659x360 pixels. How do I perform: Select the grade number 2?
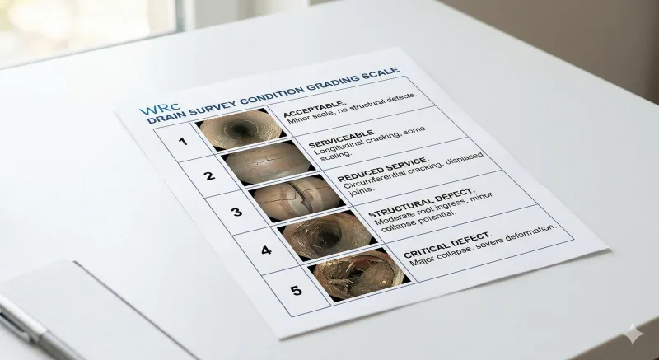208,175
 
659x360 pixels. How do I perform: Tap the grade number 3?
236,212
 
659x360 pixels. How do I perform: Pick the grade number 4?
265,249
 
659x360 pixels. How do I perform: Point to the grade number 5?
295,289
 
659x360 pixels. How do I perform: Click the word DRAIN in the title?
168,119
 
